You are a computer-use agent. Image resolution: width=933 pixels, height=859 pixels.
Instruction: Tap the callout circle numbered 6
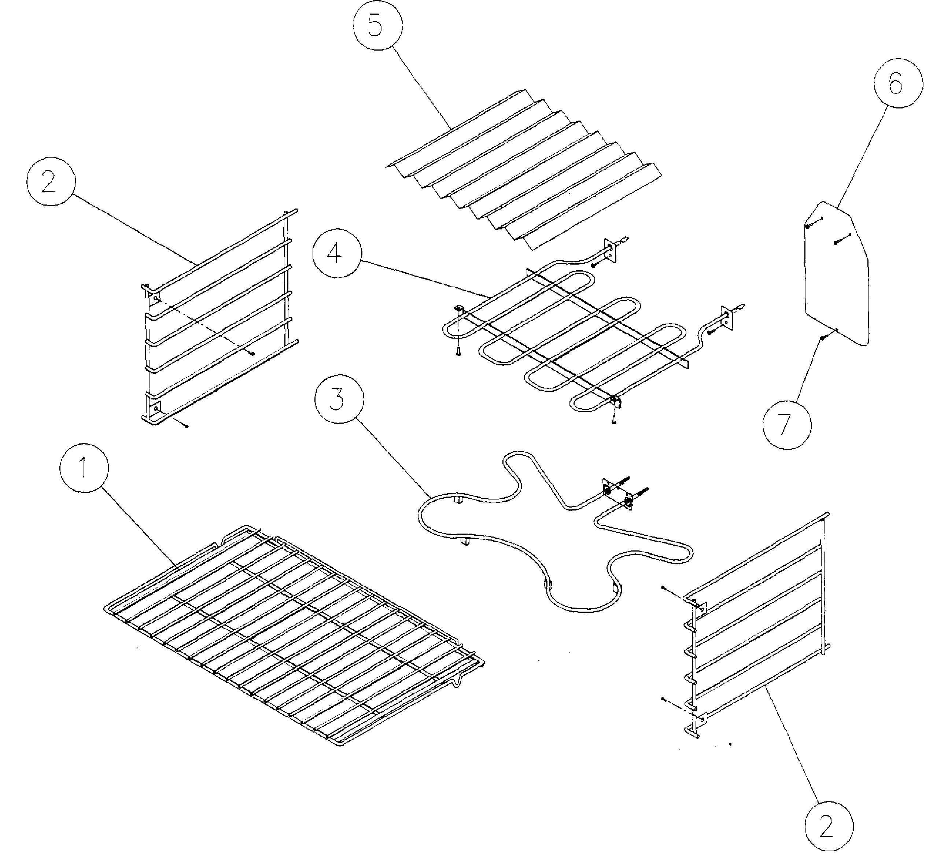click(x=898, y=84)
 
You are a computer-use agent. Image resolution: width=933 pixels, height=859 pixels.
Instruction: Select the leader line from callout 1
click(x=140, y=525)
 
